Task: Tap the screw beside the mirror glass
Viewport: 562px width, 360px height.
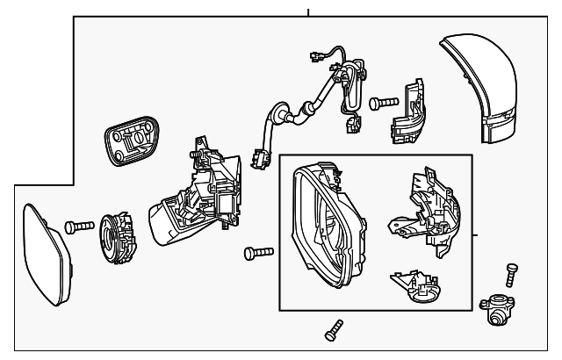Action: point(78,227)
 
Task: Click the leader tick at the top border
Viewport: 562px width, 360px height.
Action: point(308,12)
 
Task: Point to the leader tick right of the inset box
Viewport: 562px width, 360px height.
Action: point(475,235)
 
